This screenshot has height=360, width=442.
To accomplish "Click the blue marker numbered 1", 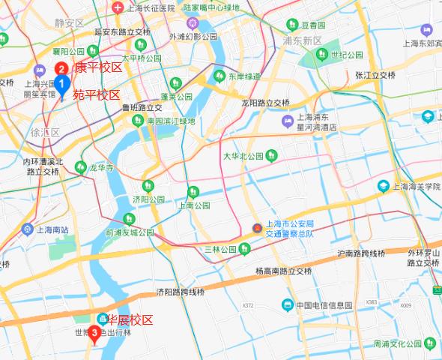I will (62, 84).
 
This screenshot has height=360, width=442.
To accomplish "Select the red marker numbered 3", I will (94, 332).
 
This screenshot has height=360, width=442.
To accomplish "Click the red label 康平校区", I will (99, 67).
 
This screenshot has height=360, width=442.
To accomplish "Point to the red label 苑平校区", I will (96, 95).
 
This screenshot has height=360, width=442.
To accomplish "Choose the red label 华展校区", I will (130, 319).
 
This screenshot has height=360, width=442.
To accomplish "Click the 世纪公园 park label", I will (347, 55).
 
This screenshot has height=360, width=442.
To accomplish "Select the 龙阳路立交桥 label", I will (265, 103).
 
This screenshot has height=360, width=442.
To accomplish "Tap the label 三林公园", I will (220, 249).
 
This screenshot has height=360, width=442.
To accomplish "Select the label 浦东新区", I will (303, 40).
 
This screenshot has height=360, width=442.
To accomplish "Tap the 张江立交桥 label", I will (375, 76).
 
